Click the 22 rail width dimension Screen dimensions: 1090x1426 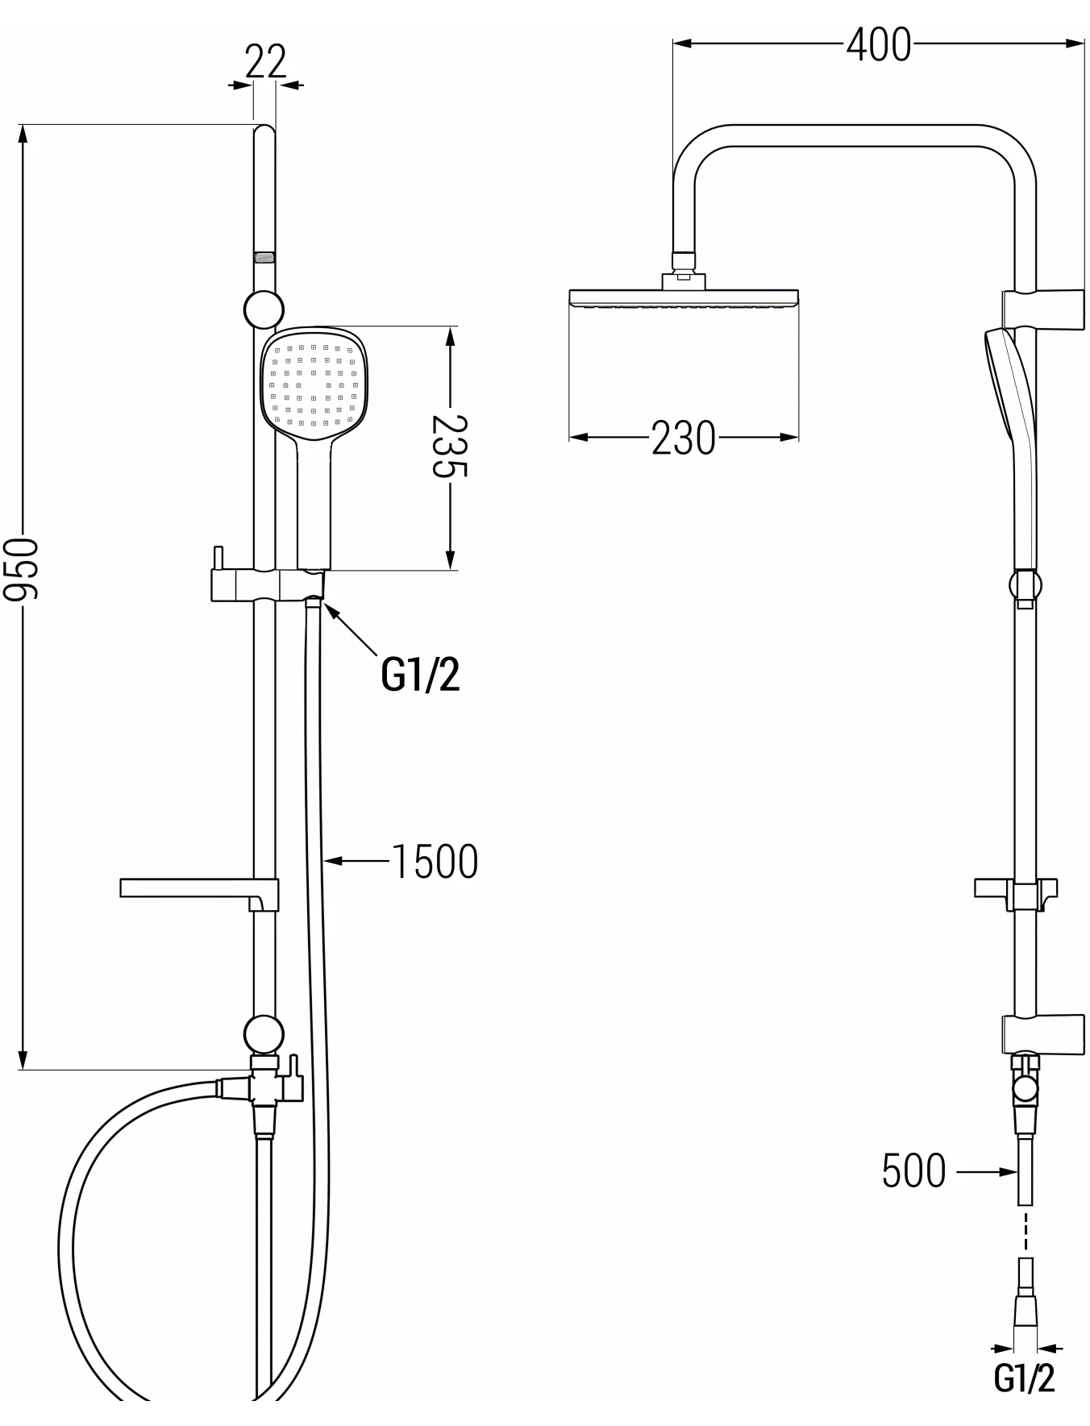[x=265, y=61]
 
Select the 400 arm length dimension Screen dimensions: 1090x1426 [x=879, y=44]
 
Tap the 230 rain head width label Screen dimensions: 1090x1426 [x=684, y=439]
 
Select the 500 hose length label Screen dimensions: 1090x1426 [x=914, y=1170]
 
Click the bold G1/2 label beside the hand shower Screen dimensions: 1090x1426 [x=420, y=674]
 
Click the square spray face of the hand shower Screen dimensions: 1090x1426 [x=314, y=385]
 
